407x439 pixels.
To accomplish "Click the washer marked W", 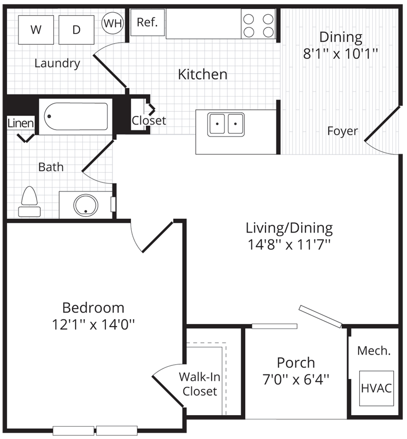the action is pos(36,29).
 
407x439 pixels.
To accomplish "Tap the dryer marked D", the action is pos(76,29).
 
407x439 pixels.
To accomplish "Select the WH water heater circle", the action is pos(112,23).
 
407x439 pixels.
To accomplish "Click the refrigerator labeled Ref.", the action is pos(148,22).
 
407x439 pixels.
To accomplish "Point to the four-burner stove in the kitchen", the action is pos(258,23).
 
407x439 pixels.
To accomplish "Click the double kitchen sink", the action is pos(226,124).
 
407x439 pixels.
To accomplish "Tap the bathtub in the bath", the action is pos(76,116).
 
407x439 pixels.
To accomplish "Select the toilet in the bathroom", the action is pos(30,202).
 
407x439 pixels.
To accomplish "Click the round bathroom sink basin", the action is pos(86,205).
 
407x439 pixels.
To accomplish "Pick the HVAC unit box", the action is pos(376,388).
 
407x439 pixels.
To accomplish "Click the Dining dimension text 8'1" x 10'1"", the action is pos(340,53).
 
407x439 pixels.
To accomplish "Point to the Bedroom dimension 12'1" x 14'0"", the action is pos(93,325).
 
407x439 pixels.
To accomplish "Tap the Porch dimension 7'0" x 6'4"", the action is pos(296,380).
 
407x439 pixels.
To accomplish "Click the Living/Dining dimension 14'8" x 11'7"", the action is pos(289,244).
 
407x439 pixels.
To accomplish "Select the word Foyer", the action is pos(342,131).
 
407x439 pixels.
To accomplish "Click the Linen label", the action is pos(21,123).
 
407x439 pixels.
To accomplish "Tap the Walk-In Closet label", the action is pos(199,384).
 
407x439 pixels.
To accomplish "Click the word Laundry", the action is pos(57,64).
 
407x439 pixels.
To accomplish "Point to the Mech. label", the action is pos(374,351).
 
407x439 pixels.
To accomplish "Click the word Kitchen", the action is pos(202,75).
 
